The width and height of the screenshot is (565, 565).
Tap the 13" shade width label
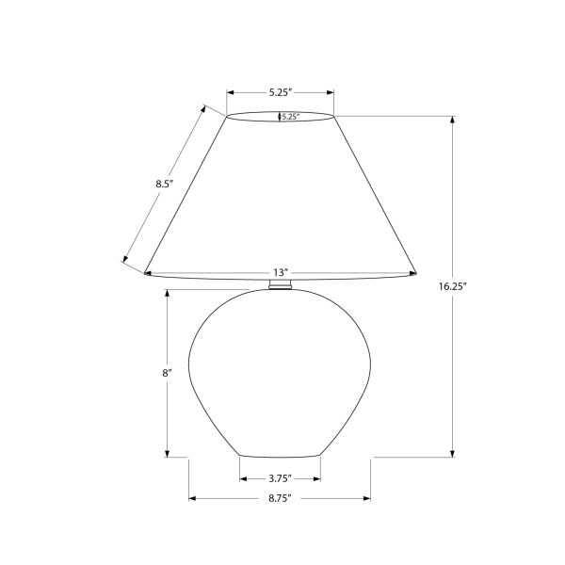(281, 272)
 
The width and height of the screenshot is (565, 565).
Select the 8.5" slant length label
(164, 185)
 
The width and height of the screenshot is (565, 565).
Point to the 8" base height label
(167, 374)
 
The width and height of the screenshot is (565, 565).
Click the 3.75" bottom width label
(280, 478)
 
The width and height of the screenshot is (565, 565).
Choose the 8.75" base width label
(280, 497)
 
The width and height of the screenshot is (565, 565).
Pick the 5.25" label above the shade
(280, 92)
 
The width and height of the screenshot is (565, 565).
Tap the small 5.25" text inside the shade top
(290, 117)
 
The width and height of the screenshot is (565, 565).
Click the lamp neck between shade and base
(281, 285)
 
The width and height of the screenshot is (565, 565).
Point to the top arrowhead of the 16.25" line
(453, 120)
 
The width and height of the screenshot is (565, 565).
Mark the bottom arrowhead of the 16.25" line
(453, 453)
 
